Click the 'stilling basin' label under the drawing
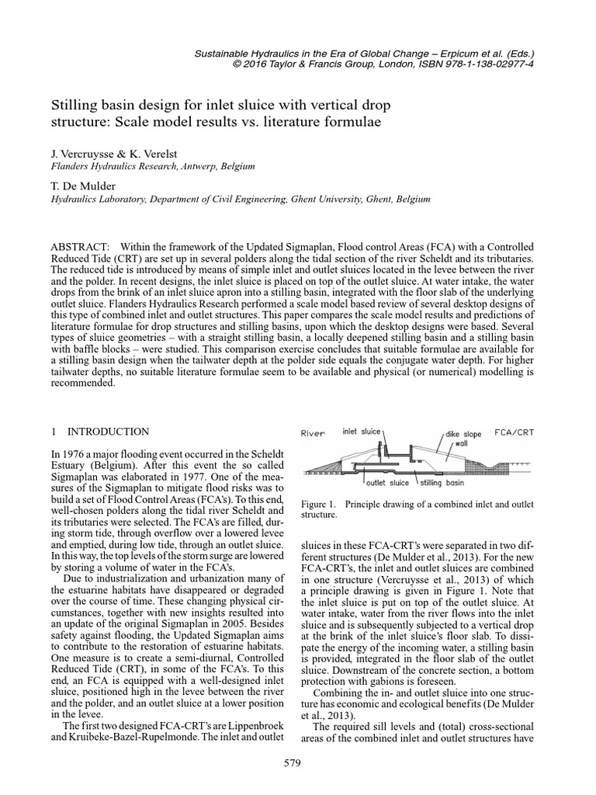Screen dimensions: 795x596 point(442,482)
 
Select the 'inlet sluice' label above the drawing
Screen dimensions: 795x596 point(361,432)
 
